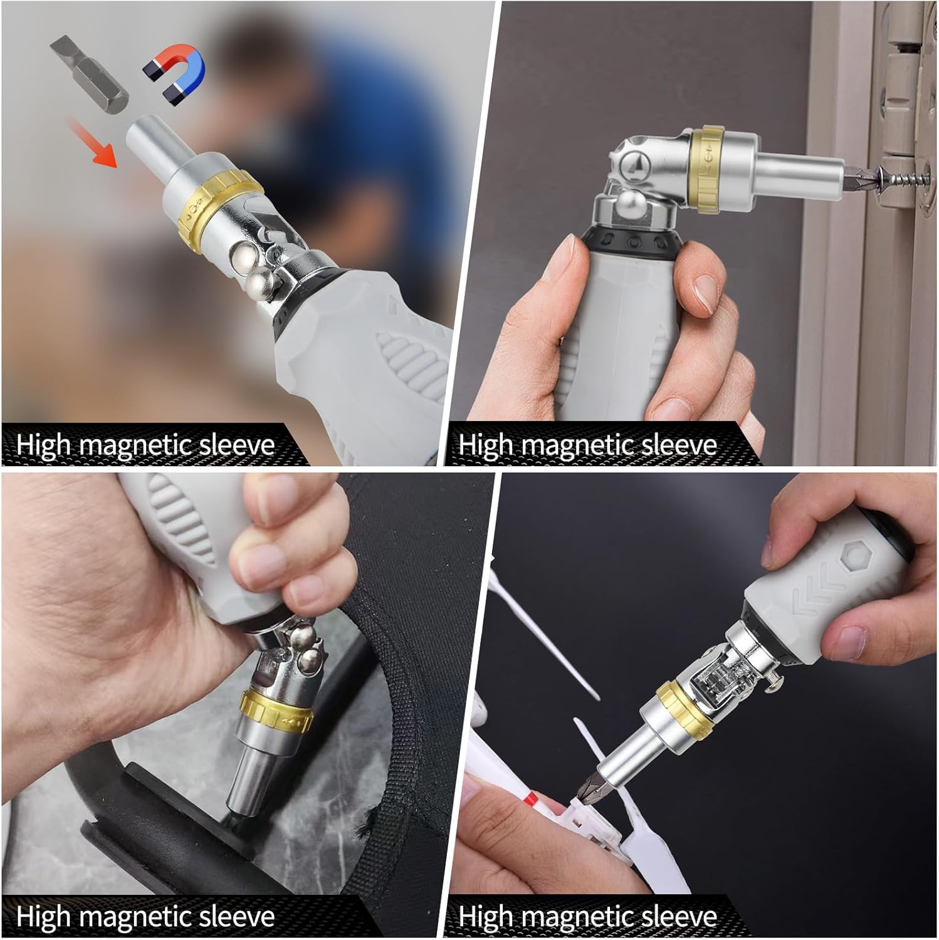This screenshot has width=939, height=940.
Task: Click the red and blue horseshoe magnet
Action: point(175,71)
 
